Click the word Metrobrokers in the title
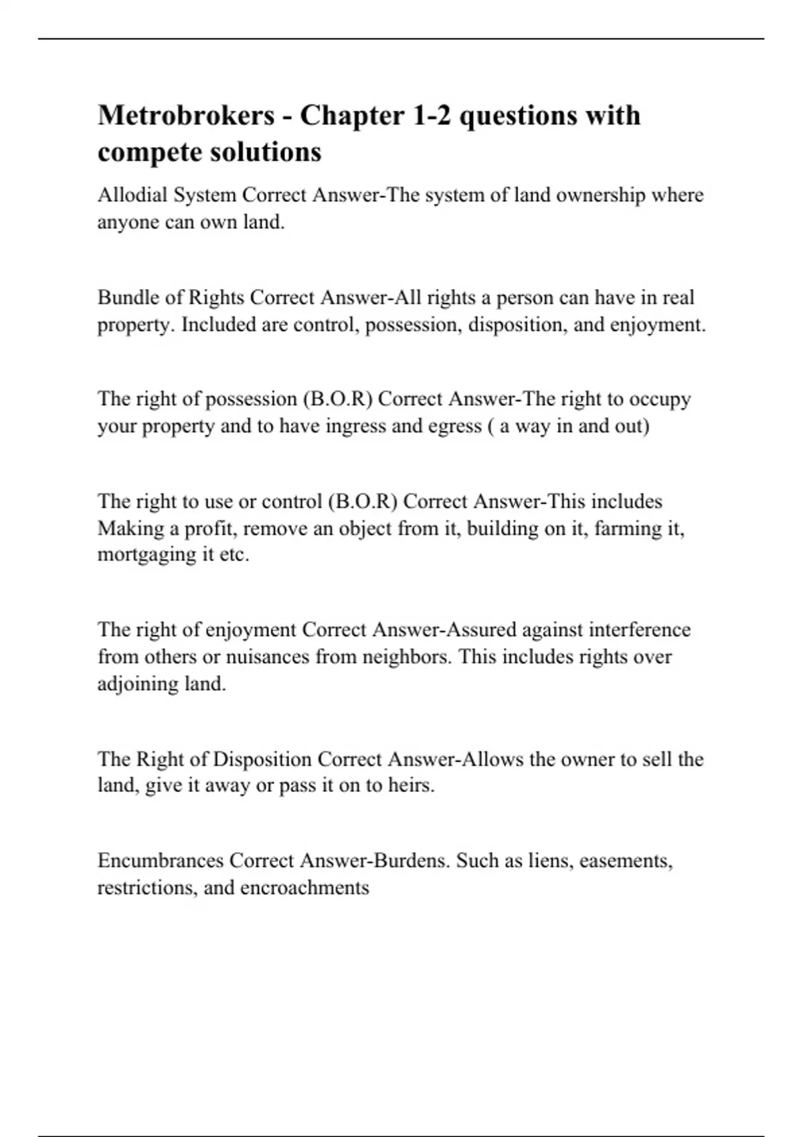(x=186, y=116)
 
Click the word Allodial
(x=132, y=195)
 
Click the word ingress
(x=356, y=426)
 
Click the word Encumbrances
(x=161, y=860)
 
